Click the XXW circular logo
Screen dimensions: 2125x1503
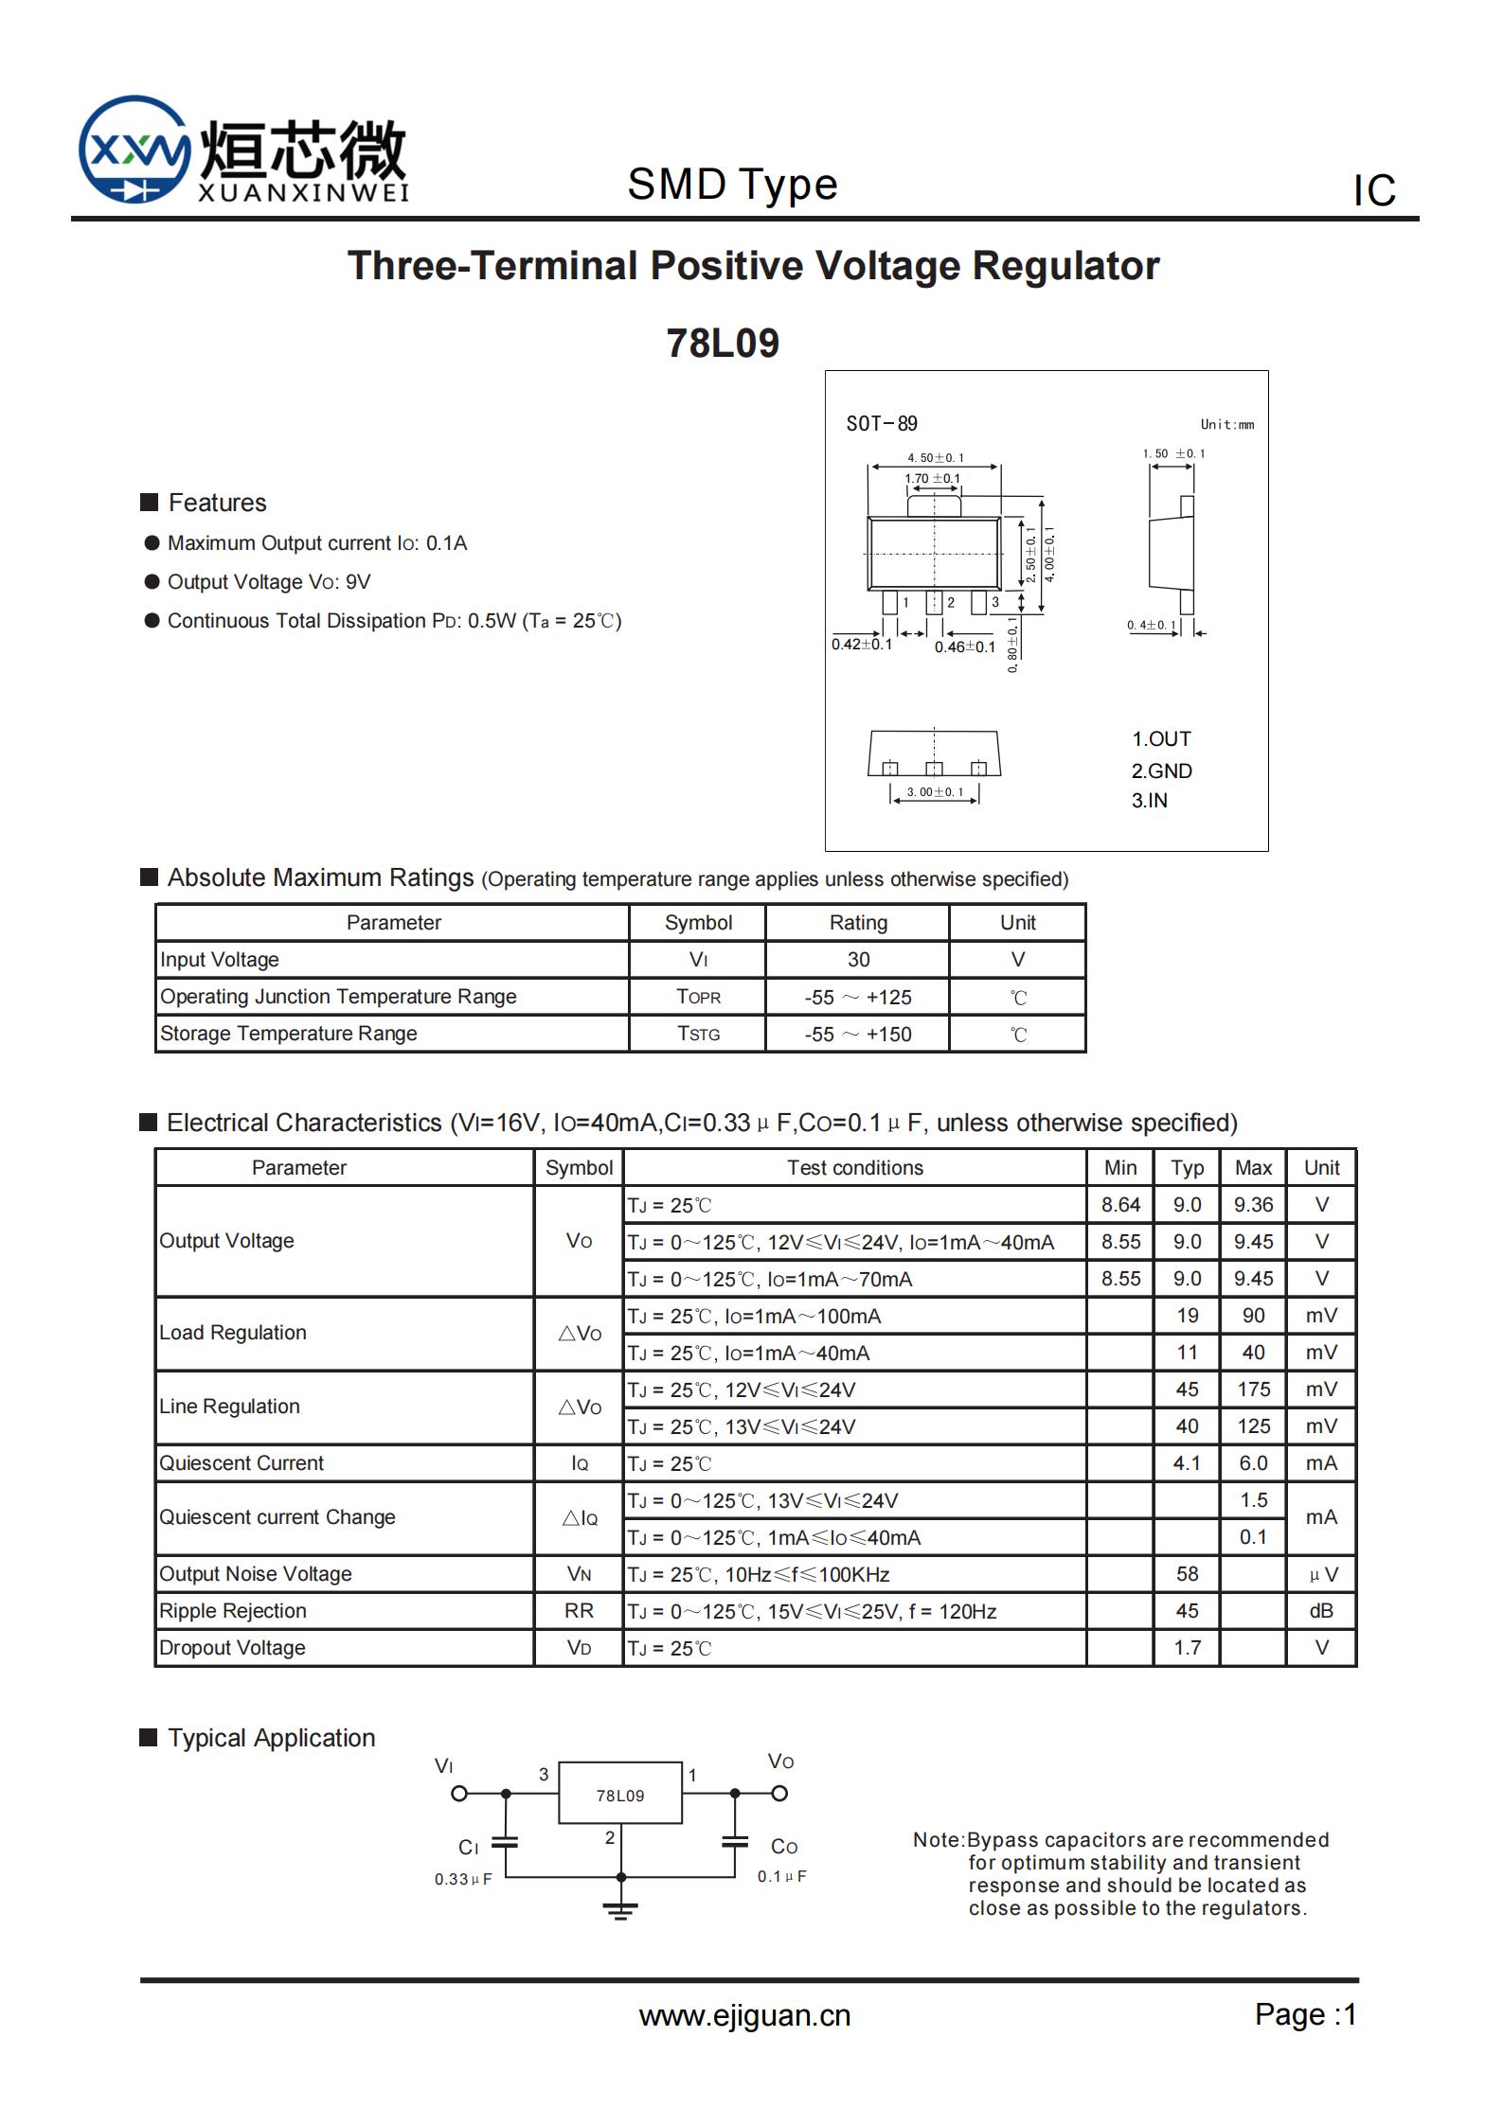point(133,150)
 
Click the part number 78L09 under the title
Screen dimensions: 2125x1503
point(723,344)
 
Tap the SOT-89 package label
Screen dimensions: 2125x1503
point(881,424)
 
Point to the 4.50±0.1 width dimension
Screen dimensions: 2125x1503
point(935,458)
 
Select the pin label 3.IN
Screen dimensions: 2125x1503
point(1149,801)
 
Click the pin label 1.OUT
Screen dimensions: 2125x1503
point(1161,739)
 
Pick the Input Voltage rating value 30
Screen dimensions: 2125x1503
point(858,960)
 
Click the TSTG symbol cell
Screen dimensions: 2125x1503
point(698,1034)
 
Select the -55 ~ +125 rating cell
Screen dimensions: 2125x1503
point(858,998)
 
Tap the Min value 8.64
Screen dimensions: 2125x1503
point(1120,1205)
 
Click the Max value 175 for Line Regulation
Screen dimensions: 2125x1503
point(1253,1390)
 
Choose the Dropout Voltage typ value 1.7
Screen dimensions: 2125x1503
point(1187,1648)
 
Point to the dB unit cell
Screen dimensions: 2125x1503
point(1321,1611)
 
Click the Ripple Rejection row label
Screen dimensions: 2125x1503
point(233,1611)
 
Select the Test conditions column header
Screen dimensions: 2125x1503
point(854,1168)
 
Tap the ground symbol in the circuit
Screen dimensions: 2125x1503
point(620,1911)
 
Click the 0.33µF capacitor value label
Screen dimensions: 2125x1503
point(463,1879)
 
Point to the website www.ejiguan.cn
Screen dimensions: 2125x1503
point(744,2015)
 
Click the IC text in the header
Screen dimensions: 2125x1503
point(1374,190)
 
